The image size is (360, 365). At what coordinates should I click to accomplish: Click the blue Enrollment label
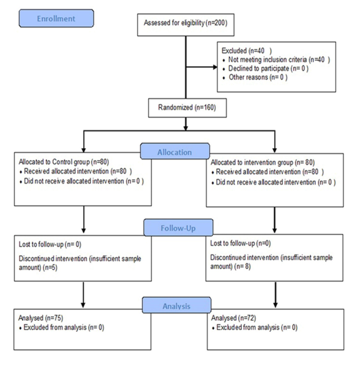pos(56,19)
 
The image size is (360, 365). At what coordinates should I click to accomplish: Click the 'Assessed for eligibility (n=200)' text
pos(185,23)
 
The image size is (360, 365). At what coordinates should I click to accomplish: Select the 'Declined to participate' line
pos(258,68)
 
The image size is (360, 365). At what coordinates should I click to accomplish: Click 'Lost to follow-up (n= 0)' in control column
pos(49,245)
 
